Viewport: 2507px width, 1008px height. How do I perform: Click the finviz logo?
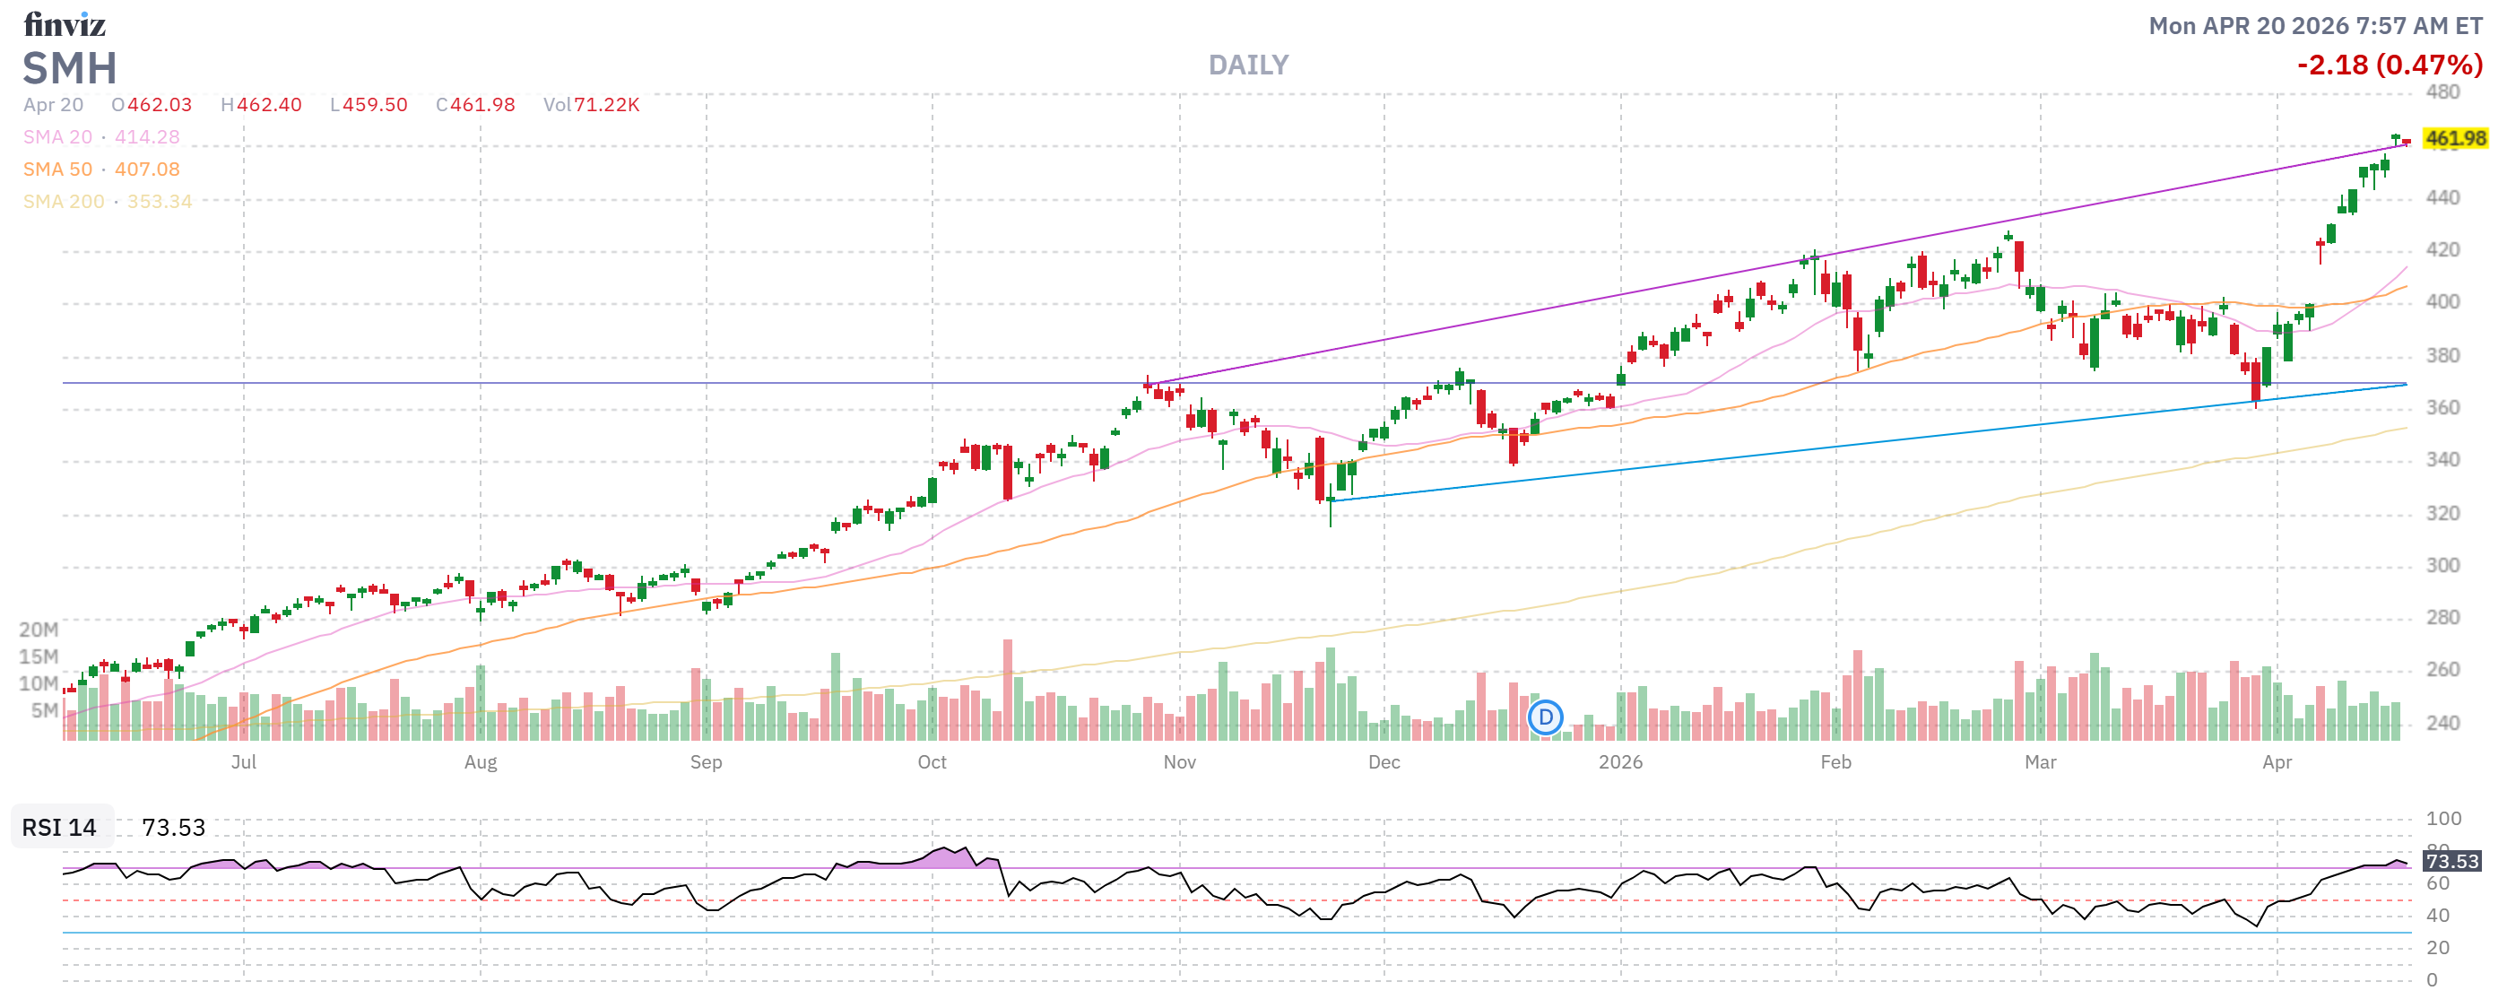(65, 23)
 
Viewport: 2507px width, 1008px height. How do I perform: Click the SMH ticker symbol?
(69, 68)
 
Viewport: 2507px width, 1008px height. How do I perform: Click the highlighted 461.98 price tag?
(2454, 138)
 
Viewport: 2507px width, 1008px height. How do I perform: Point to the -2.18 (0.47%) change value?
(2390, 65)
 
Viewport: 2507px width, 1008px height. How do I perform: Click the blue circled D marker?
(1545, 718)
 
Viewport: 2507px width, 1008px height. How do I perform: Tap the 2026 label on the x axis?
(1620, 763)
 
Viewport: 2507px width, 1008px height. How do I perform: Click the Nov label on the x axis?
(1180, 763)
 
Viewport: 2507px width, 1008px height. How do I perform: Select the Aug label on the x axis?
(480, 763)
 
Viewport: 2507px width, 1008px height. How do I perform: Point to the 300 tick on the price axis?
(2442, 565)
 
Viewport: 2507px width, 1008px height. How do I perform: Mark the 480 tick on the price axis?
(2442, 92)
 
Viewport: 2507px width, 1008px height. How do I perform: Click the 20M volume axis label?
(39, 630)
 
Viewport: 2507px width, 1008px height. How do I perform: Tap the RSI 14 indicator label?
(59, 828)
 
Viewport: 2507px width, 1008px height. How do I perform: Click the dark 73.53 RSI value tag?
(2451, 862)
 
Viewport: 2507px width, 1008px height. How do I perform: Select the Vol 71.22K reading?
(591, 105)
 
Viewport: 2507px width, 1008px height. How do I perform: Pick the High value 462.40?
(261, 105)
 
